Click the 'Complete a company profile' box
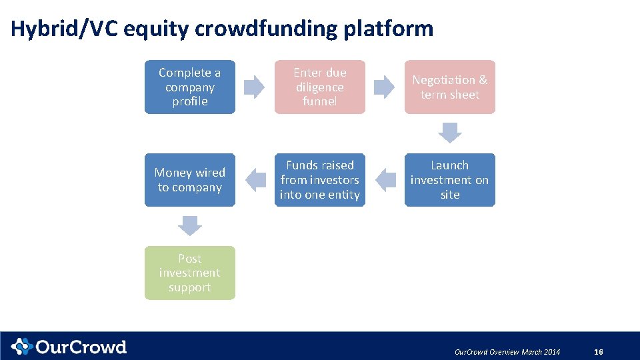tap(190, 87)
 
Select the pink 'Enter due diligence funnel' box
tap(320, 87)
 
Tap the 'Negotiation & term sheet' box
tap(450, 87)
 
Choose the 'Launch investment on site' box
tap(450, 180)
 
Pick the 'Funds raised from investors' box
tap(320, 180)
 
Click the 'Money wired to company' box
tap(190, 180)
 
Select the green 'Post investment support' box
tap(190, 273)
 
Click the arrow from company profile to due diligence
tap(254, 87)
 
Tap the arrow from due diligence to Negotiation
tap(384, 87)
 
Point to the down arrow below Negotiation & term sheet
tap(450, 133)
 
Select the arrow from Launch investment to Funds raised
tap(385, 179)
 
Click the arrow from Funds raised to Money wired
tap(255, 179)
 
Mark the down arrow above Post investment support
tap(190, 226)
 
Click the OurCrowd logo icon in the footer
tap(21, 347)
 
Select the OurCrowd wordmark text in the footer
tap(81, 347)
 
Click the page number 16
tap(598, 352)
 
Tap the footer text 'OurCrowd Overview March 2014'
tap(507, 352)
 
